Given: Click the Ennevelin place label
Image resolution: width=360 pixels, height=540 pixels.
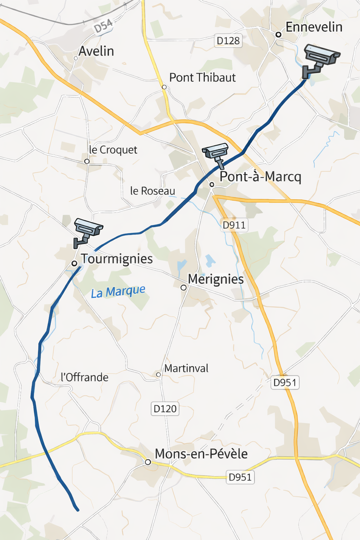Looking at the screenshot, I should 314,27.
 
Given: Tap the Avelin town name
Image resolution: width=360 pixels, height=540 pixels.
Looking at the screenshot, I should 96,51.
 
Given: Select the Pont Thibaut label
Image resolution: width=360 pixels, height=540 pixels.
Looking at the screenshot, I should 202,78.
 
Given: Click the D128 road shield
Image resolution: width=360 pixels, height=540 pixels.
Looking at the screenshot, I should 228,41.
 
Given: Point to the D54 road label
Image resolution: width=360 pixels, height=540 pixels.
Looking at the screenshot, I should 103,26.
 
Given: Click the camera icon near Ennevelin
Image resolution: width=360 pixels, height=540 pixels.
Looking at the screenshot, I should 320,59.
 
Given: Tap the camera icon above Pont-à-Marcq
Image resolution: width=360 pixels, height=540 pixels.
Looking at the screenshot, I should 216,154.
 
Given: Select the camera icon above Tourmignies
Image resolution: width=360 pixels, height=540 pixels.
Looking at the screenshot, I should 87,232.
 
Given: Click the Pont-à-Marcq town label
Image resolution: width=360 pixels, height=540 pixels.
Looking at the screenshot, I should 260,176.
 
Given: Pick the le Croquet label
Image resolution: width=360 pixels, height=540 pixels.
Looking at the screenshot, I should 113,150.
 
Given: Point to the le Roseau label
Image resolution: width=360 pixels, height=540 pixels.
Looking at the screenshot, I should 153,191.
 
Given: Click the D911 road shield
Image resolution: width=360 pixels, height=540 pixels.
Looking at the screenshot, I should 234,225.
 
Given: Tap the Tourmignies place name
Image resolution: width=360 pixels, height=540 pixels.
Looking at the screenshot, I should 117,259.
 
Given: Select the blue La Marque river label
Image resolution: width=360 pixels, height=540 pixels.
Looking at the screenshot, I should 118,292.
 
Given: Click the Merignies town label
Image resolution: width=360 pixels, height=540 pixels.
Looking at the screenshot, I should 216,279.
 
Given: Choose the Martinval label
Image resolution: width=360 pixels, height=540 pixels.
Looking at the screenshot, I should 186,368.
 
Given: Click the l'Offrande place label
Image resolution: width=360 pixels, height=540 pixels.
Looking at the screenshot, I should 84,378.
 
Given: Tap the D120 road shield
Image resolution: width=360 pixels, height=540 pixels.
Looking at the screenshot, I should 165,409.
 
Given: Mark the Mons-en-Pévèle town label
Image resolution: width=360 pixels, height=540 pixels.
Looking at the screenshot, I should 201,454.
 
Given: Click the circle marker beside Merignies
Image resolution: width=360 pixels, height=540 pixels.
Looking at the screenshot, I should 184,288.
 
